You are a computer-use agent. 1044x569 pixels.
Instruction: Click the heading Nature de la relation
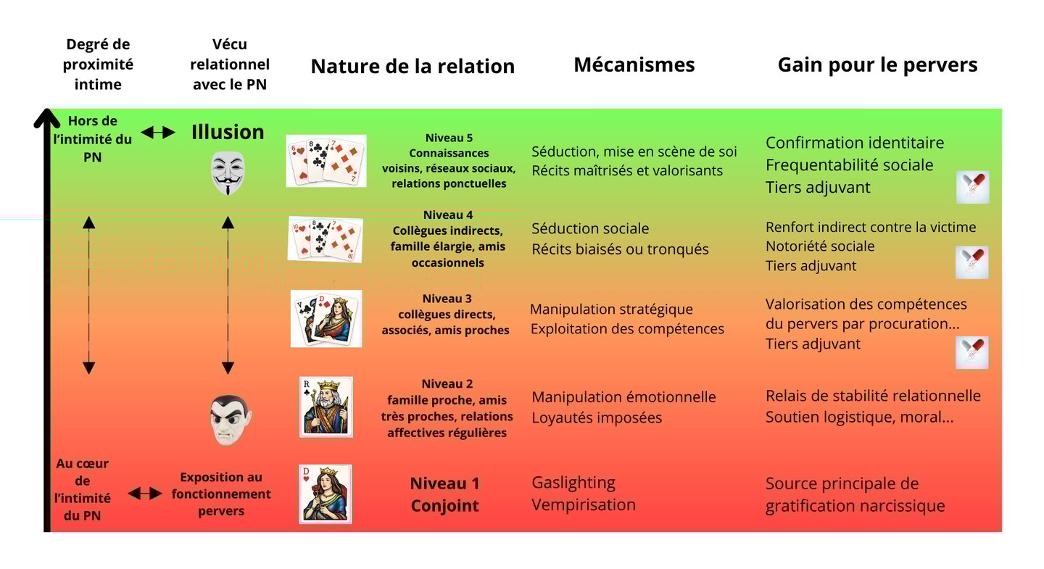pyautogui.click(x=413, y=67)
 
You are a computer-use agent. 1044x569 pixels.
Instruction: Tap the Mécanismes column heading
pyautogui.click(x=634, y=65)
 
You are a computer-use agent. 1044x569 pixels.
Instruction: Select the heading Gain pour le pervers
pyautogui.click(x=877, y=65)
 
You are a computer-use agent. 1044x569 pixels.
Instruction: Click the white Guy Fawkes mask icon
pyautogui.click(x=228, y=173)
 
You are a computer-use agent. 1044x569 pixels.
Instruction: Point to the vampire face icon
pyautogui.click(x=230, y=419)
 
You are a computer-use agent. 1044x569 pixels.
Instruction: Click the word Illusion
pyautogui.click(x=228, y=132)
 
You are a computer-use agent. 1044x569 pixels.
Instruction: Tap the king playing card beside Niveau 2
pyautogui.click(x=326, y=407)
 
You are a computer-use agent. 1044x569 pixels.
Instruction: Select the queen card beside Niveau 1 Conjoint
pyautogui.click(x=326, y=494)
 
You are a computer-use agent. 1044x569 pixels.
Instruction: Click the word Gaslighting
pyautogui.click(x=573, y=483)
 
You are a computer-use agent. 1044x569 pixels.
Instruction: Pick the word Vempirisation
pyautogui.click(x=584, y=504)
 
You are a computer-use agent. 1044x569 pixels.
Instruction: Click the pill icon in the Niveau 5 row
pyautogui.click(x=972, y=187)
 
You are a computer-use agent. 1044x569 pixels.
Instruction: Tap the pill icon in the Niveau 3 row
pyautogui.click(x=972, y=352)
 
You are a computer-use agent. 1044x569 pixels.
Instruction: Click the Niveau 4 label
pyautogui.click(x=448, y=215)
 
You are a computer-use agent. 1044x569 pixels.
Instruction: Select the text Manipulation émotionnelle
pyautogui.click(x=623, y=397)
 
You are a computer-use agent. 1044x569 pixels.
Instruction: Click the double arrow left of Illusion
pyautogui.click(x=158, y=132)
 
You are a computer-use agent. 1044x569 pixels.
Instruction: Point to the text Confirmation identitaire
pyautogui.click(x=855, y=143)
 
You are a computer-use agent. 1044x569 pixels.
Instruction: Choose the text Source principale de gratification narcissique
pyautogui.click(x=855, y=494)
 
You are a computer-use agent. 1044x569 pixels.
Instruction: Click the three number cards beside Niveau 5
pyautogui.click(x=326, y=161)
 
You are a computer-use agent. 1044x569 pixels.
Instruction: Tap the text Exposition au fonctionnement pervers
pyautogui.click(x=221, y=494)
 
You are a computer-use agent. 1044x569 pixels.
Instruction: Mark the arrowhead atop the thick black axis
pyautogui.click(x=47, y=117)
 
